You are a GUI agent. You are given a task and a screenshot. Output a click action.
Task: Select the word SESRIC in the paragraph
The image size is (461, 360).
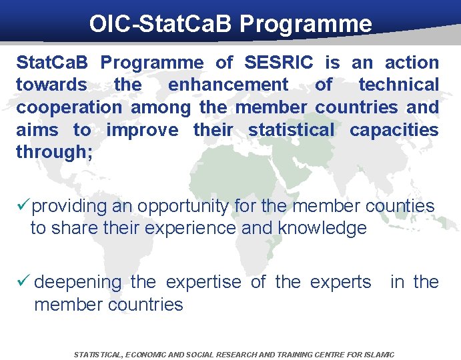(280, 63)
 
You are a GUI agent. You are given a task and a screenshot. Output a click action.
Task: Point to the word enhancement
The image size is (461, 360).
(228, 85)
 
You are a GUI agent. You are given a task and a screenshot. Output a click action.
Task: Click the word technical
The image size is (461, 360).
(399, 85)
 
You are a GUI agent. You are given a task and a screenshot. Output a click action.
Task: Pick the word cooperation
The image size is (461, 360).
(69, 107)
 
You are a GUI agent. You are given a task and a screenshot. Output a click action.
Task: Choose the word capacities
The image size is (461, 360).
(394, 129)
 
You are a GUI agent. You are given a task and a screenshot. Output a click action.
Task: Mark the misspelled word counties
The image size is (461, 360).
(399, 206)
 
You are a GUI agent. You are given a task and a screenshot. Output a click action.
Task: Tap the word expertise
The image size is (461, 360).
(203, 282)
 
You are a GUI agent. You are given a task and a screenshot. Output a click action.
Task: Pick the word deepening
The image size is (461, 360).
(78, 282)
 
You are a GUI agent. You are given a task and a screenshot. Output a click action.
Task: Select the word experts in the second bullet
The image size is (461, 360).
(341, 282)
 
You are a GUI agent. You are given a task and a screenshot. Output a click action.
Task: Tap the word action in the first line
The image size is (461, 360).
(412, 63)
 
